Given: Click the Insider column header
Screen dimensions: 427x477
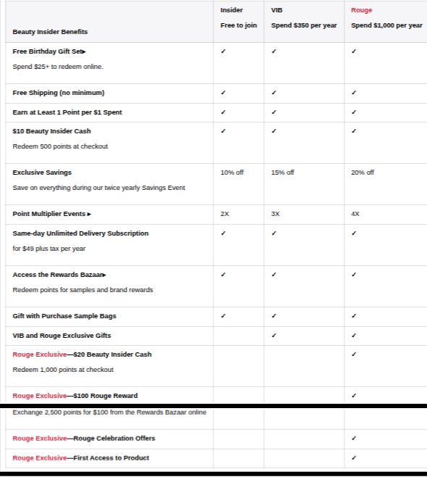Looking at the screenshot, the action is click(x=231, y=10).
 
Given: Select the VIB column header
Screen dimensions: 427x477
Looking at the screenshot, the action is click(x=276, y=10).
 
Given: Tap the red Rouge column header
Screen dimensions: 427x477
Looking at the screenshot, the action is click(x=362, y=10).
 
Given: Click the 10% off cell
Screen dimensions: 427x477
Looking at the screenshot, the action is click(x=232, y=173).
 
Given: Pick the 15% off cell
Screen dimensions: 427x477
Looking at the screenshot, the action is click(x=282, y=173).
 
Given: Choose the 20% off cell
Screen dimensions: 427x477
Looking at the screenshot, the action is click(x=363, y=173).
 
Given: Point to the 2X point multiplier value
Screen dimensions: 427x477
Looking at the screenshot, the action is click(x=224, y=214).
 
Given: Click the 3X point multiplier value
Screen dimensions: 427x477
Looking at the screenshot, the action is click(x=275, y=214).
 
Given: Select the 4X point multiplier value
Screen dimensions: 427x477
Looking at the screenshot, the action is click(x=355, y=214).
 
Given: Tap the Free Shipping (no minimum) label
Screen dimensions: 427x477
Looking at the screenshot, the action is click(x=58, y=93).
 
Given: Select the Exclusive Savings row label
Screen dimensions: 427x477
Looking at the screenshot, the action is click(x=42, y=173).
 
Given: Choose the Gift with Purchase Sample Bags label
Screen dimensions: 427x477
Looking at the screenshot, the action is click(x=64, y=316).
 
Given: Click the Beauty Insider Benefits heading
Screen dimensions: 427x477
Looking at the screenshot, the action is click(x=50, y=32).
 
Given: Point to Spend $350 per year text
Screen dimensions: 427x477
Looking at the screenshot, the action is click(x=304, y=25).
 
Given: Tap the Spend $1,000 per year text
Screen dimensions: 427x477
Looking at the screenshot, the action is click(x=386, y=25).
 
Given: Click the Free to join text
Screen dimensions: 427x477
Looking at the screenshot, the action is click(x=238, y=25).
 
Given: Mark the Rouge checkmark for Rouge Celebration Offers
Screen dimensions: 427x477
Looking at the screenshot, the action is click(x=353, y=439).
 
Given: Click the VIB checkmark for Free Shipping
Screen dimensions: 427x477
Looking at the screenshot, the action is click(x=274, y=93).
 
